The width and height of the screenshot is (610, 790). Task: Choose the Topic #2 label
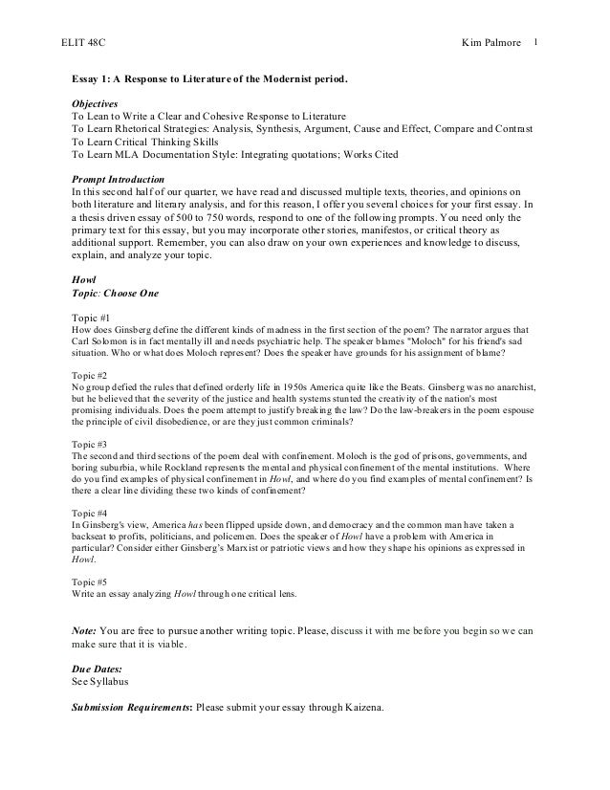[91, 377]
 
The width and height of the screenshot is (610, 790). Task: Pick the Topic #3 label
[91, 445]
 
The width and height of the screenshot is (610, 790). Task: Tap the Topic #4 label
[91, 513]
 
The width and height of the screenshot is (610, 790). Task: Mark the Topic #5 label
[91, 581]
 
